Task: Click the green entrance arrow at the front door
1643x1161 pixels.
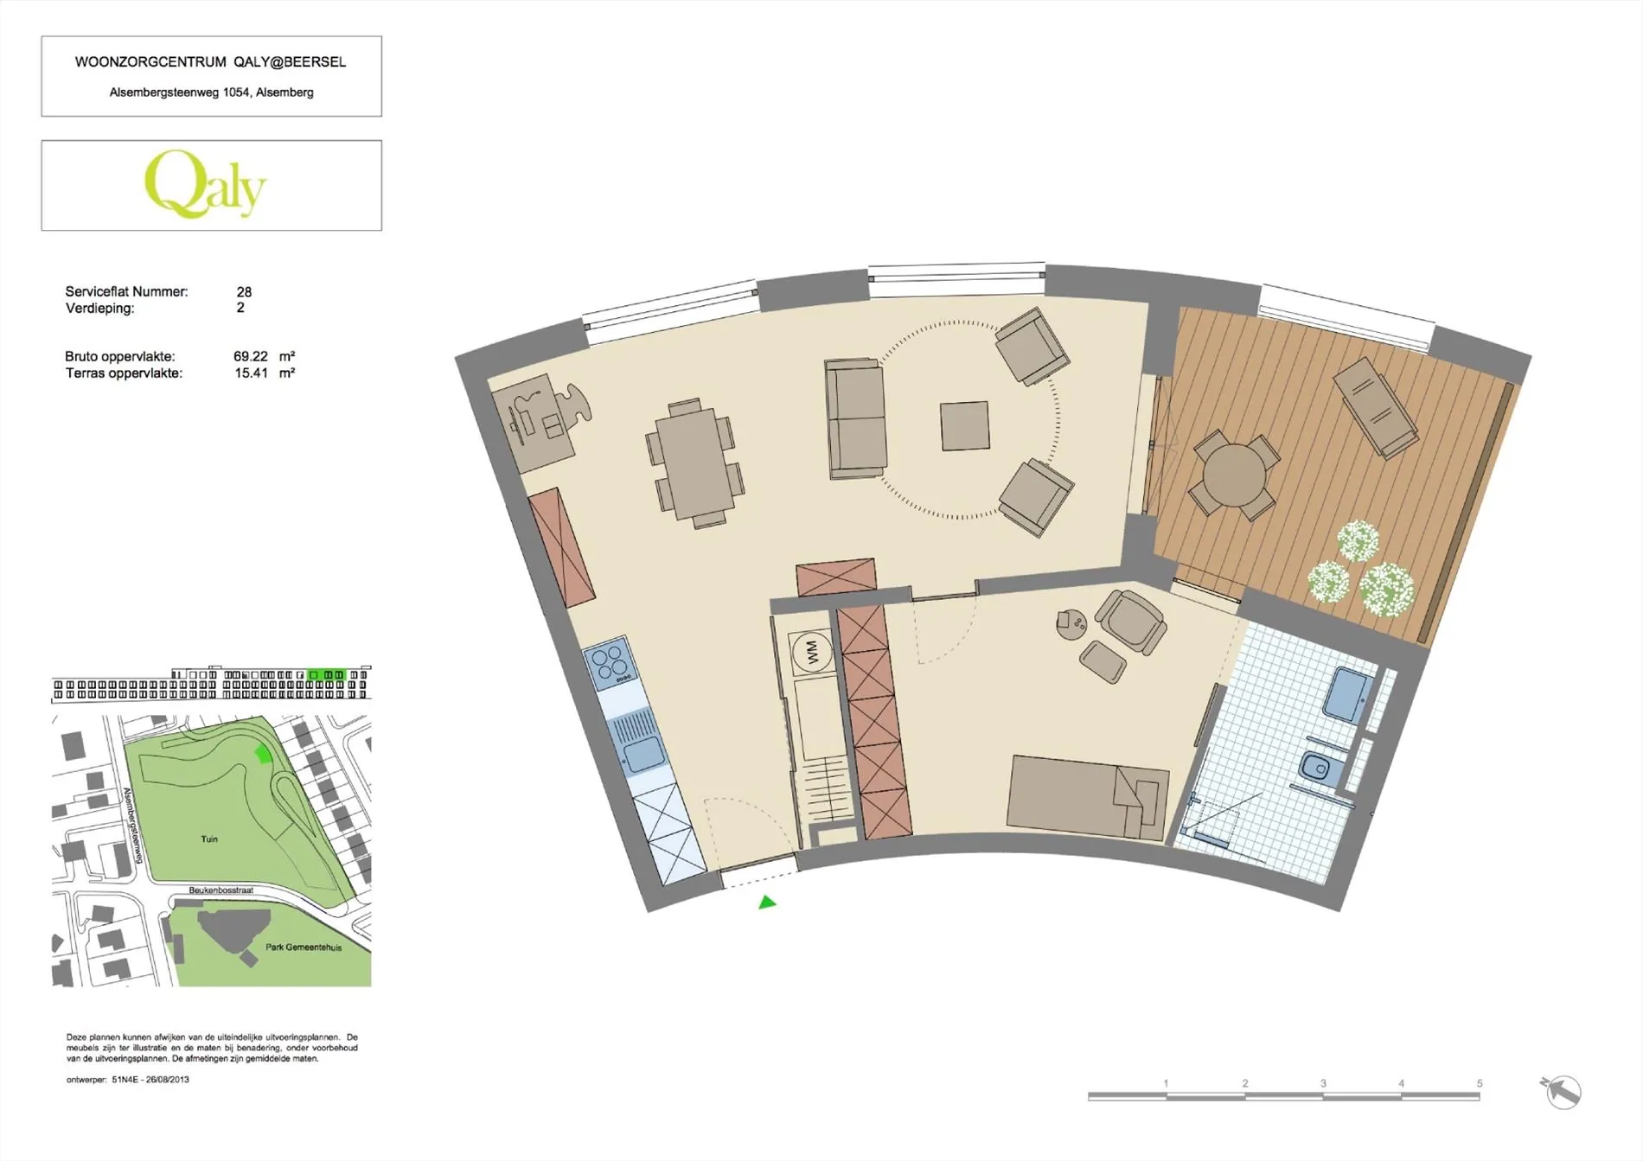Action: tap(767, 903)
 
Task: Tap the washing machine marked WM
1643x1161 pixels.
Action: tap(811, 651)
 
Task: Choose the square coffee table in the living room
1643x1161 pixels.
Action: tap(965, 425)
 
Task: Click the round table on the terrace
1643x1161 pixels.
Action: tap(1234, 475)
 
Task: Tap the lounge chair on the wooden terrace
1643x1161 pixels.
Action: tap(1375, 407)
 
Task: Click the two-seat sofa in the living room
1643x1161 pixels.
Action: tap(855, 418)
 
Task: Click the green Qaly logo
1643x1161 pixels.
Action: tap(205, 183)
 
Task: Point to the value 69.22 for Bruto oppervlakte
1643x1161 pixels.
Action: tap(251, 356)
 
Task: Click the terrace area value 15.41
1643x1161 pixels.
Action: tap(252, 373)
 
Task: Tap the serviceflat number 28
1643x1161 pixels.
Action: tap(244, 292)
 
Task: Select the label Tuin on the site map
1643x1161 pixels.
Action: tap(209, 839)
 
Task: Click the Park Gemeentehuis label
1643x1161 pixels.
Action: tap(304, 947)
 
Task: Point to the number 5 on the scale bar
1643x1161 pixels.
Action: tap(1480, 1083)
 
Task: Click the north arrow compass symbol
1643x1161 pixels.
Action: tap(1561, 1092)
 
